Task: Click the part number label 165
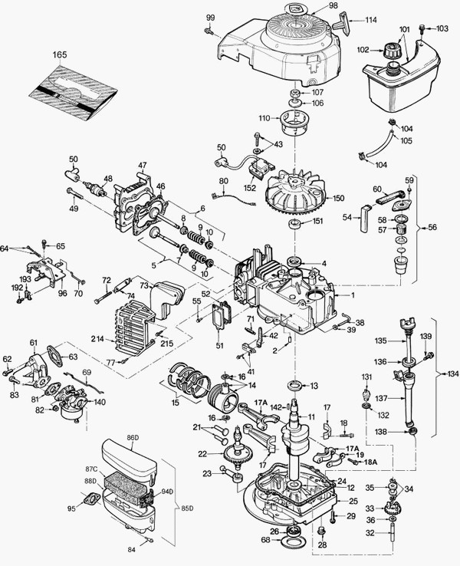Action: (x=61, y=55)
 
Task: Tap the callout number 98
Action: (x=311, y=5)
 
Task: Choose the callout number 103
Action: (x=443, y=28)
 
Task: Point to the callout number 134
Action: (x=450, y=374)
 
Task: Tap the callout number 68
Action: (x=265, y=541)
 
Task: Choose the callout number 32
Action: (x=371, y=532)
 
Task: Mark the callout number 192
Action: (x=16, y=288)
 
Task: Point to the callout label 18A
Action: (x=371, y=462)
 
